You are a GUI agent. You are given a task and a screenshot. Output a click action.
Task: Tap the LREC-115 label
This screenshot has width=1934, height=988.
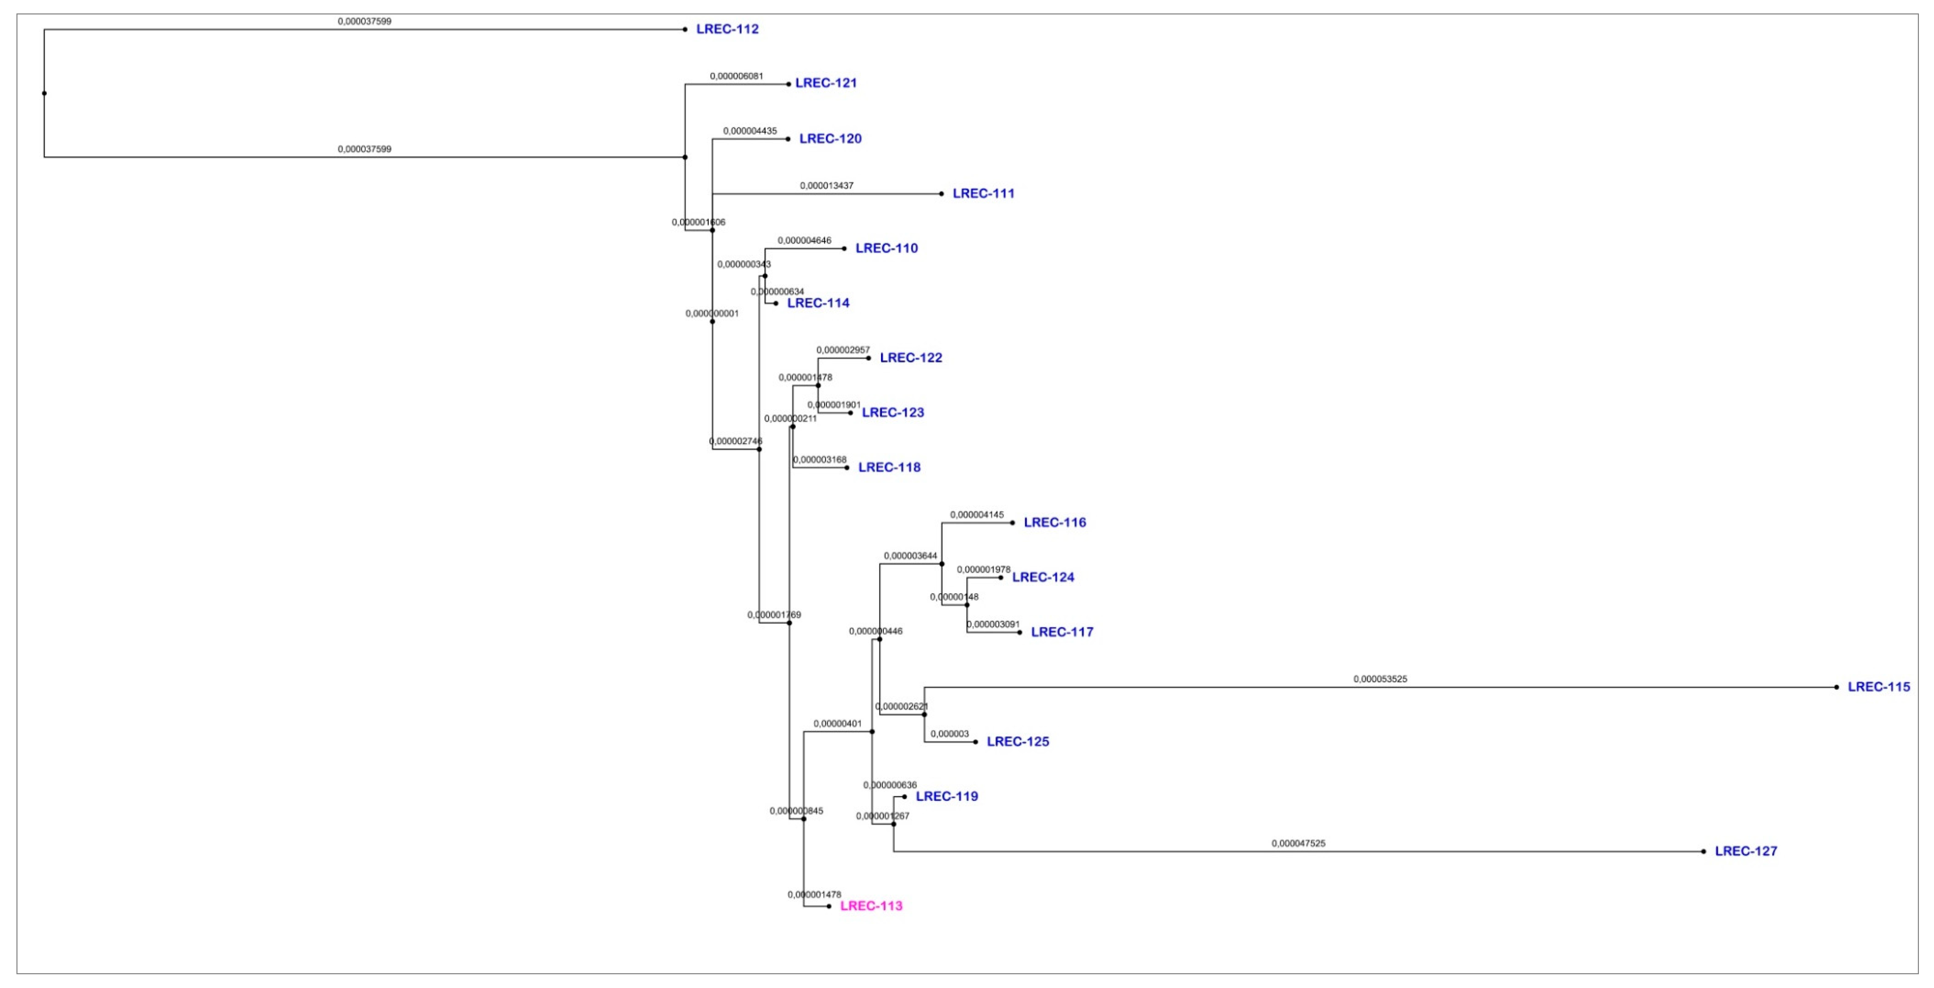click(x=1879, y=687)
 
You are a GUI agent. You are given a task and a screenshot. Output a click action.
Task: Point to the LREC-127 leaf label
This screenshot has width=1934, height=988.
click(x=1746, y=851)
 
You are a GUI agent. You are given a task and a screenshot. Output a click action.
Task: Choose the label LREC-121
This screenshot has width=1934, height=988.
click(x=826, y=83)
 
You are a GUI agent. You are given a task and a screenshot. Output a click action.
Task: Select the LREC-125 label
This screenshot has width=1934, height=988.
click(x=1017, y=742)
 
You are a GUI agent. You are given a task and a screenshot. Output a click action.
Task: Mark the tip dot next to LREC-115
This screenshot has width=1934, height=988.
click(x=1836, y=687)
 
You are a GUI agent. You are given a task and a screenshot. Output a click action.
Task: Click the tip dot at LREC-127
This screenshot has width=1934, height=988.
click(x=1704, y=851)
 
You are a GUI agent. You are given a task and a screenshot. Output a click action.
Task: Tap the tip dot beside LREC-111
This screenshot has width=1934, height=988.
click(x=941, y=194)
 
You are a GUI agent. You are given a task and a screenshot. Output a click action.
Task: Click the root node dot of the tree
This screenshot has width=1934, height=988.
click(x=44, y=93)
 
